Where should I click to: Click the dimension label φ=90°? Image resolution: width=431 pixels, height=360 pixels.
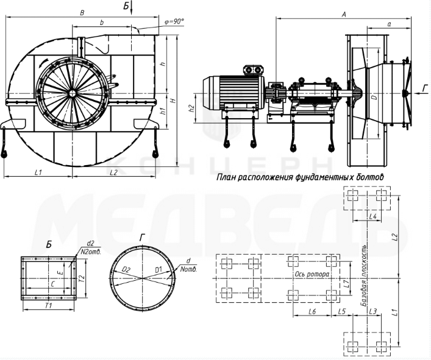click(174, 21)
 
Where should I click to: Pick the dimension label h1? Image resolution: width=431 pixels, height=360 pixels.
click(162, 111)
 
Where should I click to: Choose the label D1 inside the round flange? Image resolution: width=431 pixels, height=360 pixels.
click(157, 269)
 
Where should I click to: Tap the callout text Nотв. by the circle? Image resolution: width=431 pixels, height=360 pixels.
click(184, 269)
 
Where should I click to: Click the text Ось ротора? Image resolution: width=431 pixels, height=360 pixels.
click(312, 275)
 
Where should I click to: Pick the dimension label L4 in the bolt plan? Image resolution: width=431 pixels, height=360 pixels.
click(374, 216)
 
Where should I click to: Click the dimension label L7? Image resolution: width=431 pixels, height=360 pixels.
click(346, 283)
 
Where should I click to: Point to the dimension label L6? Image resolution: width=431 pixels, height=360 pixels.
click(312, 311)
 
